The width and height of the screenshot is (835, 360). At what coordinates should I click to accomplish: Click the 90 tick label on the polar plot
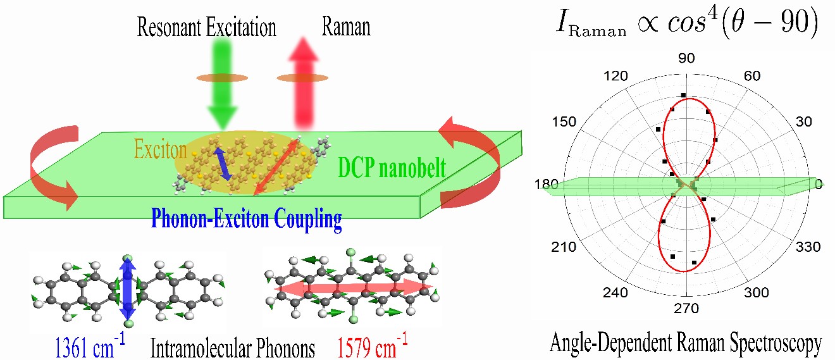pyautogui.click(x=686, y=58)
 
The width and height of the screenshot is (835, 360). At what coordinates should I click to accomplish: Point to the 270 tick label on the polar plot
pyautogui.click(x=687, y=309)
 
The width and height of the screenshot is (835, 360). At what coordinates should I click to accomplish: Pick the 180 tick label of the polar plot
pyautogui.click(x=546, y=184)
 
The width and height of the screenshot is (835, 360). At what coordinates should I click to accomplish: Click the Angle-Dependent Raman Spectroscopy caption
pyautogui.click(x=686, y=344)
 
